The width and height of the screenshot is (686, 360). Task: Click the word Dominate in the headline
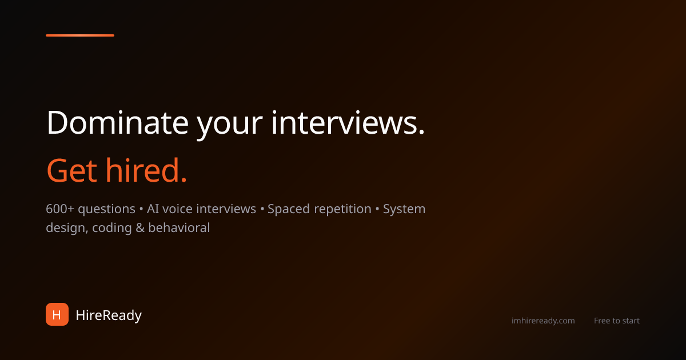pos(117,122)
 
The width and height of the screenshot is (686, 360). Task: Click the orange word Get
pos(71,171)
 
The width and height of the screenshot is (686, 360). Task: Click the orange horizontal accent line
pos(80,35)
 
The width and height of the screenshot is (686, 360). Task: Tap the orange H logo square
pos(57,314)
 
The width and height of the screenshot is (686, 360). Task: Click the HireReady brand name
pos(109,315)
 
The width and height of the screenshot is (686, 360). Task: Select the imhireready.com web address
pos(543,321)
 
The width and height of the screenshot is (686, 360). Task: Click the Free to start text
pos(617,321)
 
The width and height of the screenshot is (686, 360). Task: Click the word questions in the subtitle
pos(107,210)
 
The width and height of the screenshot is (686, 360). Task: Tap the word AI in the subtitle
pos(153,209)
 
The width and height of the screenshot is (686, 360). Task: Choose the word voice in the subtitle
pos(177,209)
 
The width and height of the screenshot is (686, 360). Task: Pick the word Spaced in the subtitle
pos(288,209)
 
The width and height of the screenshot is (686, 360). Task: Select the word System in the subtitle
pos(404,210)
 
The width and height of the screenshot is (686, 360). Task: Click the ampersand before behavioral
pos(141,228)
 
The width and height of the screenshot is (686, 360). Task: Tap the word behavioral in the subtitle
pos(179,228)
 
